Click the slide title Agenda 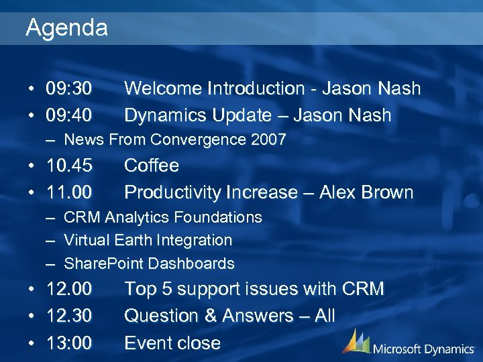(66, 27)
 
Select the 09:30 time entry (69, 88)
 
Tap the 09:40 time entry (69, 115)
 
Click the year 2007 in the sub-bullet (268, 139)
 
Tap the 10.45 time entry (69, 166)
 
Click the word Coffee (152, 166)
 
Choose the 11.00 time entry (69, 192)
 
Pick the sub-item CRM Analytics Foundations (162, 217)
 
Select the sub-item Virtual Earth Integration (148, 240)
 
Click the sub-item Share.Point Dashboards (149, 263)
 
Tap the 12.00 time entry (69, 289)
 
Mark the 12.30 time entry (69, 316)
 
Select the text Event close (172, 343)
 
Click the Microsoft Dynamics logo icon (356, 341)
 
